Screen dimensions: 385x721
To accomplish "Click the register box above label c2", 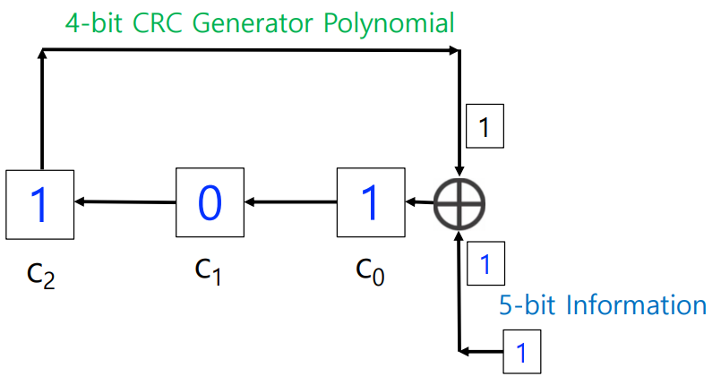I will pos(40,205).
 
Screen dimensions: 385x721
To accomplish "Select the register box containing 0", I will pos(209,203).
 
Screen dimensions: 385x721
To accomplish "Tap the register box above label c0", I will pos(369,203).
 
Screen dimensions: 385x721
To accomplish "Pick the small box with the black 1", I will pos(485,127).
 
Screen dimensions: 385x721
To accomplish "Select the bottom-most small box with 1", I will pos(523,351).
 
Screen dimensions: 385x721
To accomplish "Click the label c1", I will pos(208,268).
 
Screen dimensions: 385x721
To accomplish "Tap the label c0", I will pos(368,269).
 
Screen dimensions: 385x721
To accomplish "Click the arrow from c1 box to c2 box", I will pos(125,202).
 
